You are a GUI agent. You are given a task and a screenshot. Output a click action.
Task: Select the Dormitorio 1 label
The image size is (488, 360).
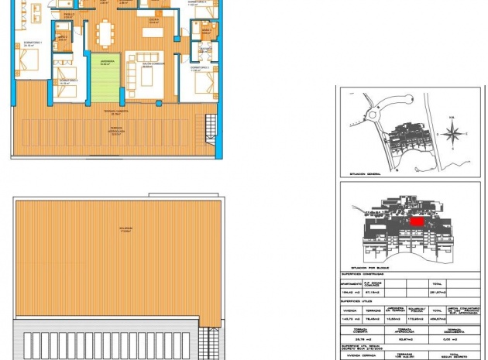32,44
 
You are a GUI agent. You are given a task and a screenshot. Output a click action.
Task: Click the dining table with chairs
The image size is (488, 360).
105,33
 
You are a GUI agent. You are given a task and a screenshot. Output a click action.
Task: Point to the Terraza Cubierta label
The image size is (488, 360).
115,112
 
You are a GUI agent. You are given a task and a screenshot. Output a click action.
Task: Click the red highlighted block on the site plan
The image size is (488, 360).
417,221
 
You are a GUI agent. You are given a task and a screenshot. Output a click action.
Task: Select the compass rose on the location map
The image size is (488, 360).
452,133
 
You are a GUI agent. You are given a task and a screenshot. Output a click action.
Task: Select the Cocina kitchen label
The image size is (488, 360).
153,21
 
